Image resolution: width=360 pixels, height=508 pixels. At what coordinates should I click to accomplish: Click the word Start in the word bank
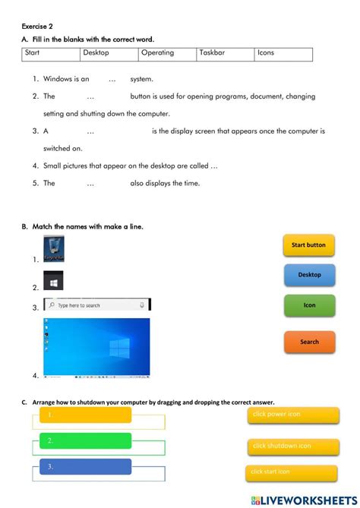(x=33, y=53)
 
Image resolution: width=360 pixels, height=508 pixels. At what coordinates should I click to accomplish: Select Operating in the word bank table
(x=157, y=53)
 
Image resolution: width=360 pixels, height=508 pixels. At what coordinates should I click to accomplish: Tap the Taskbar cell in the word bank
(x=216, y=53)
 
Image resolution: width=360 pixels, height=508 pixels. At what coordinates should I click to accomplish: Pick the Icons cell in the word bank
(x=266, y=53)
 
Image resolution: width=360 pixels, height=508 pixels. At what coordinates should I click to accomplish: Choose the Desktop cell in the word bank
(x=96, y=53)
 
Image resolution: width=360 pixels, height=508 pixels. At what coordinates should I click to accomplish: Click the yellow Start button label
(x=308, y=245)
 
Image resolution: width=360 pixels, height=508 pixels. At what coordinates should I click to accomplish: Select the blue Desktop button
(x=309, y=275)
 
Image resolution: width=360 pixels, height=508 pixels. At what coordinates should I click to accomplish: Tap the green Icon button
(x=309, y=305)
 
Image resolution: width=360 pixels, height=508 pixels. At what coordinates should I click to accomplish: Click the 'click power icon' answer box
(x=293, y=415)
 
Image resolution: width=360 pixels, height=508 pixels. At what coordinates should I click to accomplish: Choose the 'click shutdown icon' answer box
(x=293, y=446)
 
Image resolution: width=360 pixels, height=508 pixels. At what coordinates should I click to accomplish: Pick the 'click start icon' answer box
(x=291, y=472)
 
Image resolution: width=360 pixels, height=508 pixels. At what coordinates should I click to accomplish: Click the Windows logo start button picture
(x=53, y=281)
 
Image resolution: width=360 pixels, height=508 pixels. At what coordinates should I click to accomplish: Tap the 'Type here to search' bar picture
(x=96, y=304)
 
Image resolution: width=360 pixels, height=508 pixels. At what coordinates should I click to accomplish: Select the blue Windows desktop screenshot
(x=96, y=346)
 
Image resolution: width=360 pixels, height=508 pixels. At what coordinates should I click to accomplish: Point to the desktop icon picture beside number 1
(x=54, y=249)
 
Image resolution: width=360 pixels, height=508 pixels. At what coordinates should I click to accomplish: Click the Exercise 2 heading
(x=37, y=25)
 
